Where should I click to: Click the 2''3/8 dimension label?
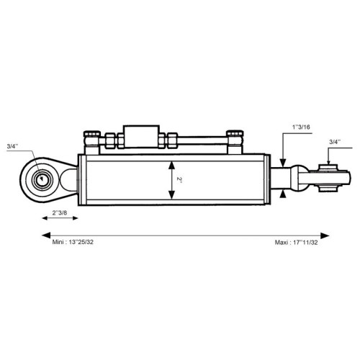tap(60, 212)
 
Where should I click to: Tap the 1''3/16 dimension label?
tap(301, 127)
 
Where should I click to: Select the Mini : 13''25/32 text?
tap(73, 242)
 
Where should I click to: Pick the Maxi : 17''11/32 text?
tap(296, 243)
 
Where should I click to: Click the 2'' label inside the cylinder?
tap(179, 180)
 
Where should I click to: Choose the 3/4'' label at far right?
tap(335, 142)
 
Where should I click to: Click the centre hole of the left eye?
tap(42, 179)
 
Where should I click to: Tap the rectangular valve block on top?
tap(141, 136)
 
